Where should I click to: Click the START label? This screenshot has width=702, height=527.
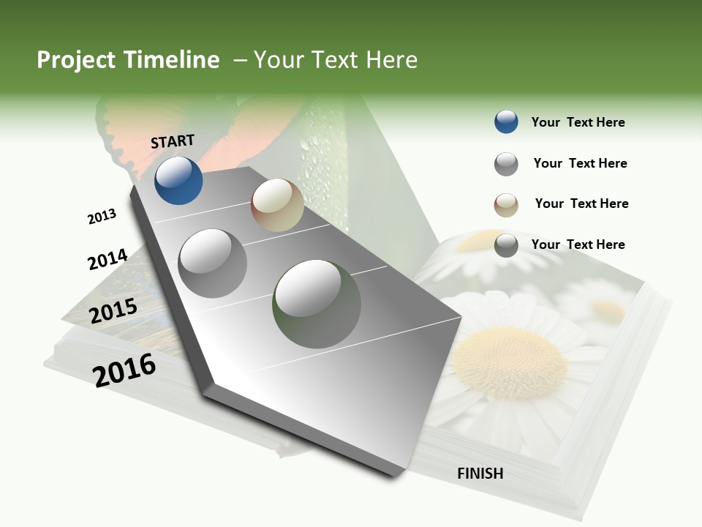coord(173,141)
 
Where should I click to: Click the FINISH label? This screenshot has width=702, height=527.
coord(480,474)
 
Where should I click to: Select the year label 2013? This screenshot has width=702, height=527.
coord(102,217)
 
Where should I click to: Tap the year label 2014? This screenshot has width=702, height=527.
coord(107,259)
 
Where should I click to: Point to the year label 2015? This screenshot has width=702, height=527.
coord(113,311)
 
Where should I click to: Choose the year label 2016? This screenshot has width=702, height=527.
coord(124,370)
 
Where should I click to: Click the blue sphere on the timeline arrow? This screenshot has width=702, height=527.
coord(178,180)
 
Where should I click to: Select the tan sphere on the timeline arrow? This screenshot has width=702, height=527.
coord(277,205)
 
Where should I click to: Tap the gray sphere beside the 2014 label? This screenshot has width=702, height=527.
coord(212,263)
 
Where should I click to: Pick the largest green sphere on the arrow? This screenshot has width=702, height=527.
coord(317,304)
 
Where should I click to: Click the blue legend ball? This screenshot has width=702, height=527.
coord(506,122)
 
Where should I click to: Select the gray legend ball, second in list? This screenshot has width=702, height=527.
coord(506,164)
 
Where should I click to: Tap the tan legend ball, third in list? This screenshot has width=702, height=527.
coord(506,205)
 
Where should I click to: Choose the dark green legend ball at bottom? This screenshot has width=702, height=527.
coord(506,245)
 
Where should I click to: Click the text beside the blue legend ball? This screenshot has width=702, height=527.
coord(578,122)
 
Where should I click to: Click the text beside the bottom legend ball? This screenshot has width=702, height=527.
coord(578,244)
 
